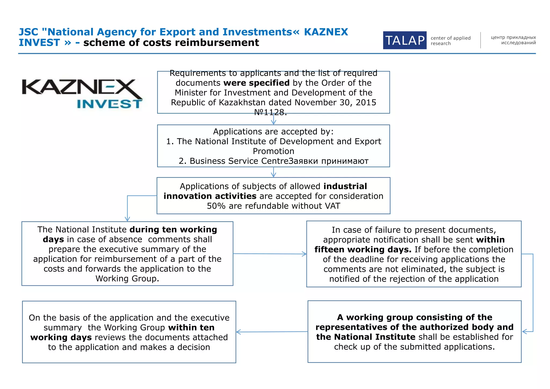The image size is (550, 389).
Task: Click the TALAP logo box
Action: pos(404,40)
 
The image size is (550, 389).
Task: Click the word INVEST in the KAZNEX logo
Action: pos(109,104)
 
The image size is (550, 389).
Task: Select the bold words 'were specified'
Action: pos(256,83)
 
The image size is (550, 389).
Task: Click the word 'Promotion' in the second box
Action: pos(273,151)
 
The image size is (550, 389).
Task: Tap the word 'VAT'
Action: pos(332,206)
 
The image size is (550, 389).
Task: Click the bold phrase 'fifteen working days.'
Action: pos(363,249)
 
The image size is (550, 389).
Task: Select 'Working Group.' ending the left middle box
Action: pos(127,279)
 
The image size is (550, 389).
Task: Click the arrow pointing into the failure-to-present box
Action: pos(304,254)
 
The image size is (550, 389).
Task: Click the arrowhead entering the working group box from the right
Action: pos(524,332)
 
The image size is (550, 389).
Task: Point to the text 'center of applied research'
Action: pos(450,41)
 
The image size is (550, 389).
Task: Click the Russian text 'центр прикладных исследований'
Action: pos(513,40)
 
